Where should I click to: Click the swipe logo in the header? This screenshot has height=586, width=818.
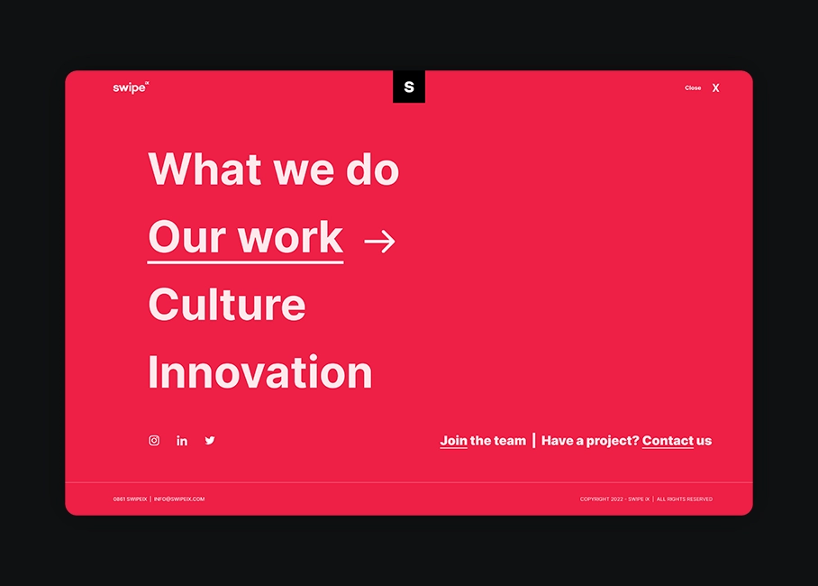[131, 87]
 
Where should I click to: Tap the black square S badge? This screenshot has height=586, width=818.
[409, 87]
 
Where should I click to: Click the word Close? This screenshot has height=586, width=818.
[693, 87]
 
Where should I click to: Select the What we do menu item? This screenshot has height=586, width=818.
[273, 169]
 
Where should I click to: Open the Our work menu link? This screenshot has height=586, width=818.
[246, 238]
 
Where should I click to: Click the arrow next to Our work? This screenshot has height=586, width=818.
[380, 242]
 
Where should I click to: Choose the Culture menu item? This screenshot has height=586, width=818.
[227, 305]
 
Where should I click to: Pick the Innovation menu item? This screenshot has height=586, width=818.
[260, 371]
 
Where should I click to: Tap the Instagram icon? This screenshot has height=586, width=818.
[154, 440]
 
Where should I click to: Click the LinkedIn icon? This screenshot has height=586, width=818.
[182, 441]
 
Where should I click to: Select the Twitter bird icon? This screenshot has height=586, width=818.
[210, 440]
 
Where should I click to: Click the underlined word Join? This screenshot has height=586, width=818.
[453, 441]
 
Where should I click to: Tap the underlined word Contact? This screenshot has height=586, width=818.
[668, 441]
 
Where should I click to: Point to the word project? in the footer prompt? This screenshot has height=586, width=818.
[613, 442]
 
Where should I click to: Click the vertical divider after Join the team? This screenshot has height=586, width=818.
[533, 440]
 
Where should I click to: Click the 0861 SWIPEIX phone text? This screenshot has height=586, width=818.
[130, 499]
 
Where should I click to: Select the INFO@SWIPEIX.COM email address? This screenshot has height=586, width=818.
[179, 499]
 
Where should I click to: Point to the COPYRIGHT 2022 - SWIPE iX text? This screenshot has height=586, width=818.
[614, 499]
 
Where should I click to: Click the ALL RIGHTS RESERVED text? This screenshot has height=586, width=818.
[685, 499]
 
